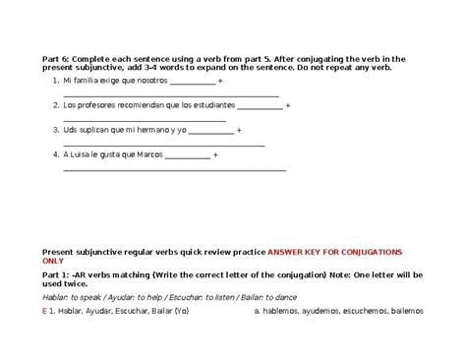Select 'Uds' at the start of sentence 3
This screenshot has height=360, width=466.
(x=69, y=130)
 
